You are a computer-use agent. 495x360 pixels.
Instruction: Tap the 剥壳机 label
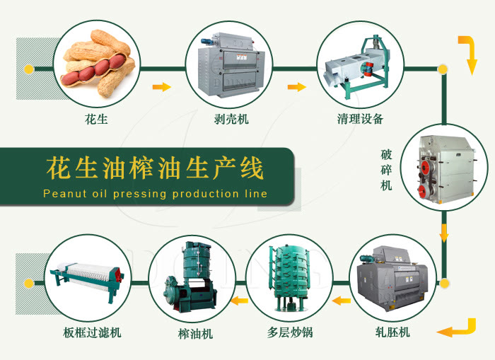231,119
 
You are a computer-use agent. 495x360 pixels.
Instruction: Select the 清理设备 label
361,119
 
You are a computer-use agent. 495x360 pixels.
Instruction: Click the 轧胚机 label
393,332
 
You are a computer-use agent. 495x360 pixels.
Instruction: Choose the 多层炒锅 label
291,332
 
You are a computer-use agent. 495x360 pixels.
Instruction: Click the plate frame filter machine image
86,279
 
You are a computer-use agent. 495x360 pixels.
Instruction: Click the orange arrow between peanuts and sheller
162,87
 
